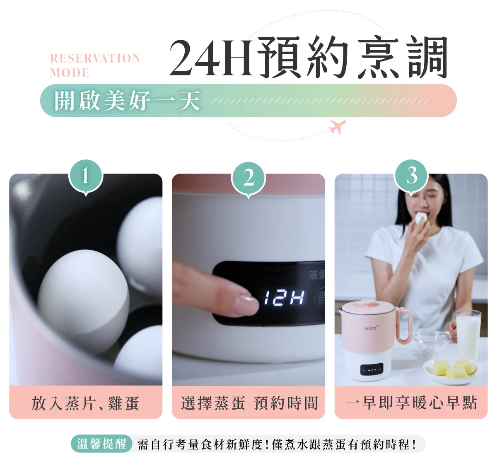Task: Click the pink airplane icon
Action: pyautogui.click(x=338, y=126)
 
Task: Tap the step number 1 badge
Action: pyautogui.click(x=86, y=177)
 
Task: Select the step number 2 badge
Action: pyautogui.click(x=248, y=179)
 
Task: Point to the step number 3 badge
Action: pyautogui.click(x=411, y=177)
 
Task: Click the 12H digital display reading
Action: pyautogui.click(x=284, y=297)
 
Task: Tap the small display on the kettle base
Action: pyautogui.click(x=372, y=370)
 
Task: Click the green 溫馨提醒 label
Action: pyautogui.click(x=101, y=444)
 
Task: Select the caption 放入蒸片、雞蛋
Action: pyautogui.click(x=85, y=403)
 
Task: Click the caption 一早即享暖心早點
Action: pyautogui.click(x=411, y=403)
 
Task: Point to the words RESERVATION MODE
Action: pyautogui.click(x=95, y=65)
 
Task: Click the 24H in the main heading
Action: pyautogui.click(x=211, y=58)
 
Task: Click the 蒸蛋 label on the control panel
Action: pyautogui.click(x=317, y=275)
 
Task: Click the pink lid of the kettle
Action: pyautogui.click(x=369, y=306)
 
